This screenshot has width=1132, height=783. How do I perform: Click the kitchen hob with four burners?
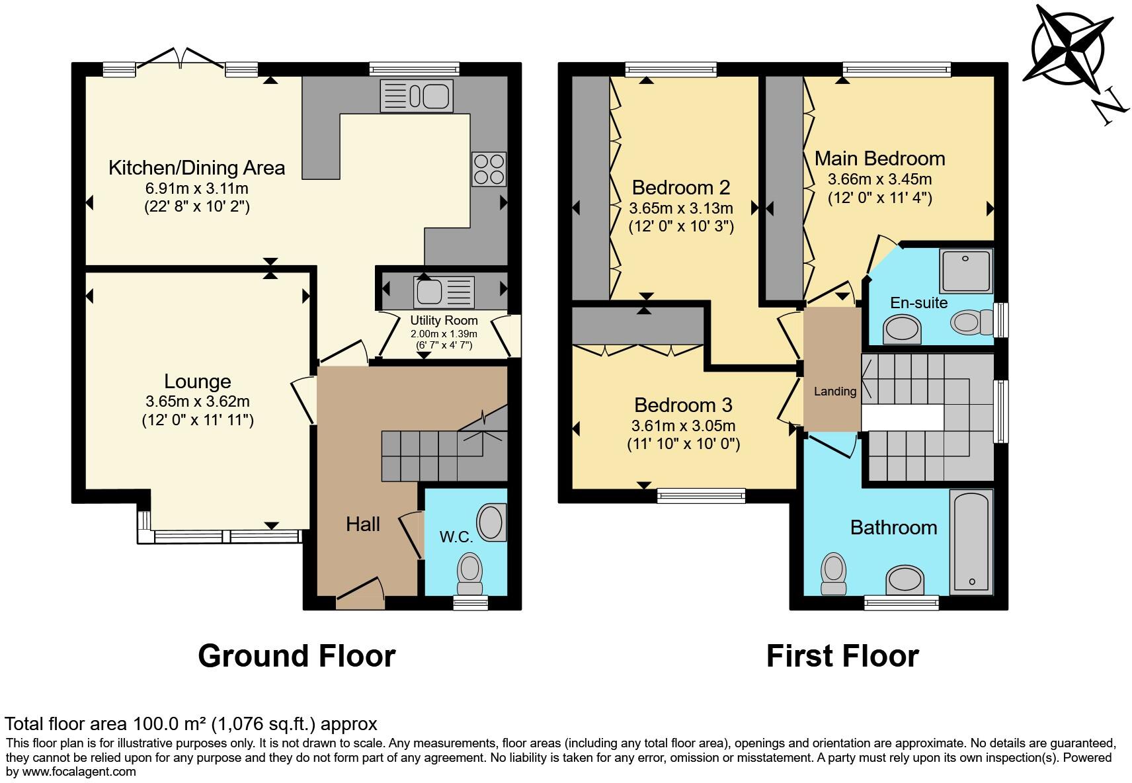coord(489,169)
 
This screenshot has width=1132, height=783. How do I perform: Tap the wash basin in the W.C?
coord(492,522)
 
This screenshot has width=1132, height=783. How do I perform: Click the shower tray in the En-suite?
coord(966,270)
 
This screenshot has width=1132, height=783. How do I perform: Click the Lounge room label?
coord(197,382)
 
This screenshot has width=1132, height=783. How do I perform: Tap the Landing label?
coord(834,391)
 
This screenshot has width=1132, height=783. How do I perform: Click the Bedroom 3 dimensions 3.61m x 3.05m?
coord(683,427)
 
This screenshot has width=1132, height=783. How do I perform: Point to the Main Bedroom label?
coord(879,159)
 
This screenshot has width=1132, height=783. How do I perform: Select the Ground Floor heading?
coord(296,656)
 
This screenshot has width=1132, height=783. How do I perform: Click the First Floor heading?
coord(842,656)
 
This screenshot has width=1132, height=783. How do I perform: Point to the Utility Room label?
coord(443,321)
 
